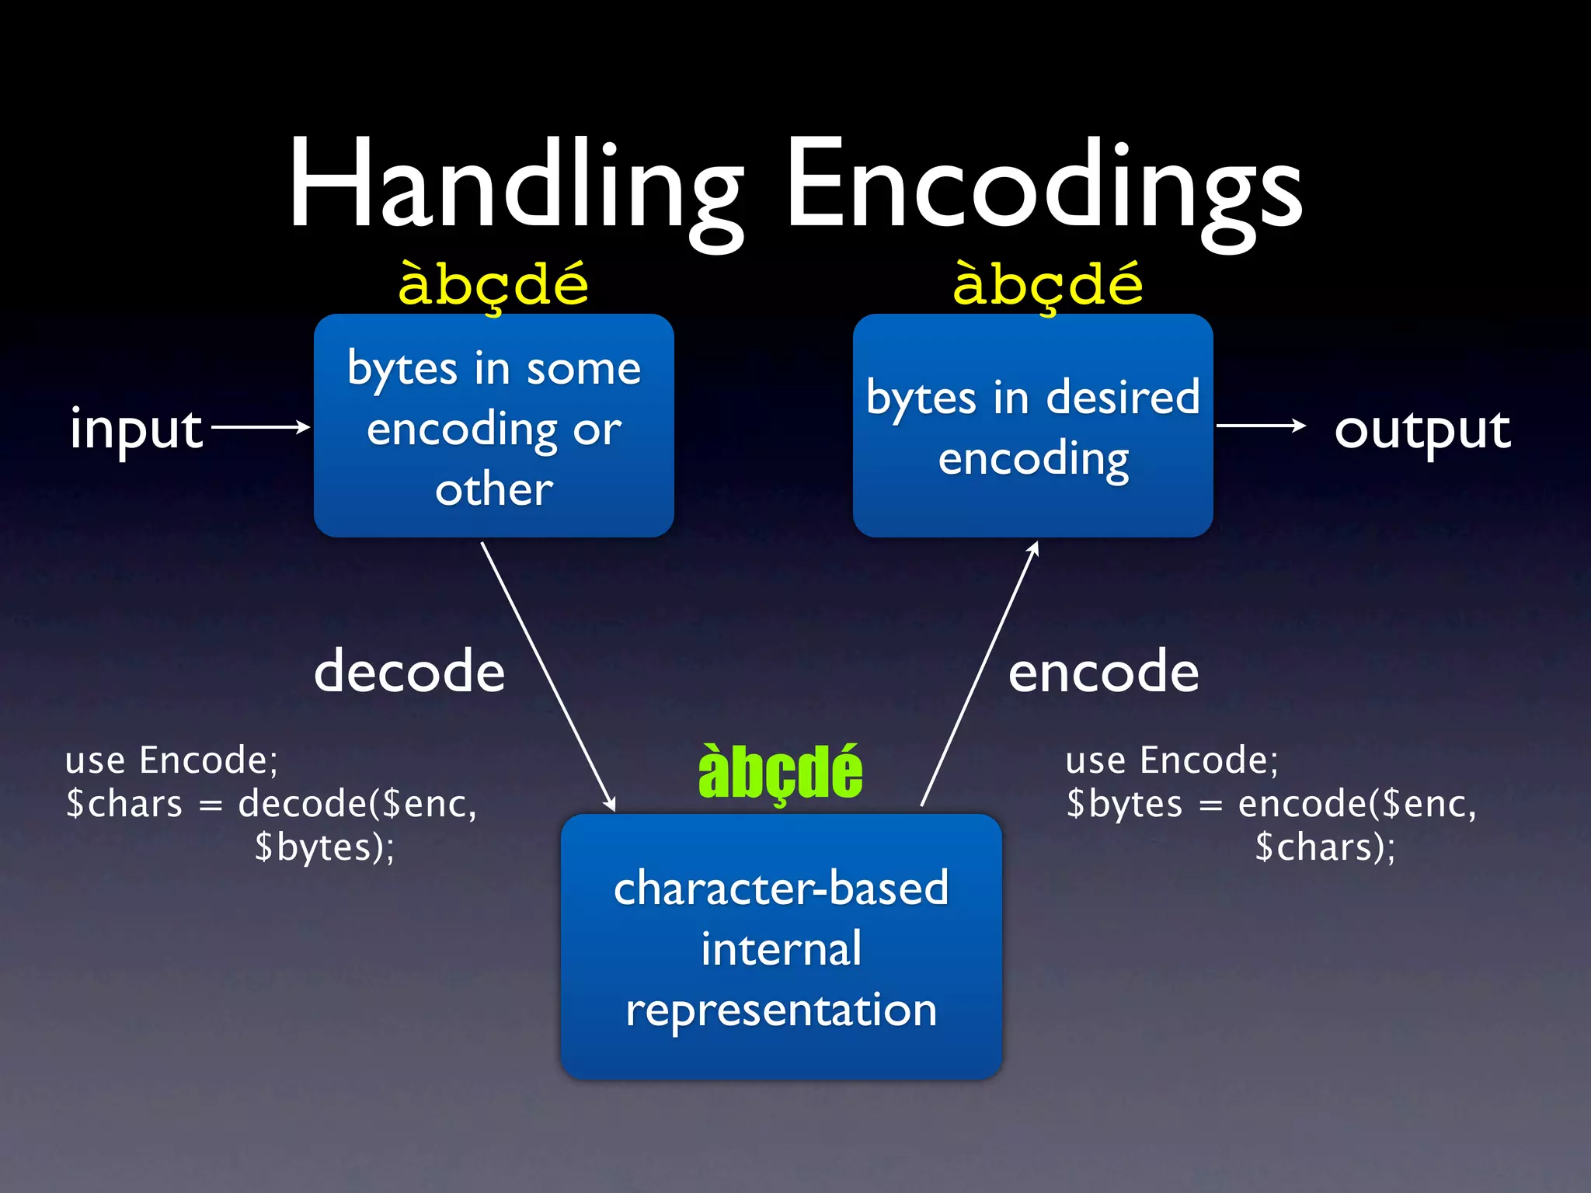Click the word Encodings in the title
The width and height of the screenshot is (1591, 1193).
1044,186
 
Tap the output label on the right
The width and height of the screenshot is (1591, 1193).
1422,430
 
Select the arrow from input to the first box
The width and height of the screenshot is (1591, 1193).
260,426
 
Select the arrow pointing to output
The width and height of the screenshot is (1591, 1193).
1261,426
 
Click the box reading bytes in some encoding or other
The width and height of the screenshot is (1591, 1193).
494,426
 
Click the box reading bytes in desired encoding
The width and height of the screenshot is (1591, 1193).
1032,426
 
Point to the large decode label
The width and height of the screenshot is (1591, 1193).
409,671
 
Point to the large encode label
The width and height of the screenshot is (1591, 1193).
1103,671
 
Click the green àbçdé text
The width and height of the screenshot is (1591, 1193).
780,772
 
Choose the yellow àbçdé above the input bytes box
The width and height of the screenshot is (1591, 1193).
493,284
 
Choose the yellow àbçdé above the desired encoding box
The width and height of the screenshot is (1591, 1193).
1048,284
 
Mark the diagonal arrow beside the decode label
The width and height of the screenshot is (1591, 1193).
548,676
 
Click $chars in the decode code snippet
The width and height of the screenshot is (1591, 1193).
124,804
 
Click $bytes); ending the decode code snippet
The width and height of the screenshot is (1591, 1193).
325,847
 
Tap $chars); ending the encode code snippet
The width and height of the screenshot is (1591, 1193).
1325,847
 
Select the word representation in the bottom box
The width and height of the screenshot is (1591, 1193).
782,1010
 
